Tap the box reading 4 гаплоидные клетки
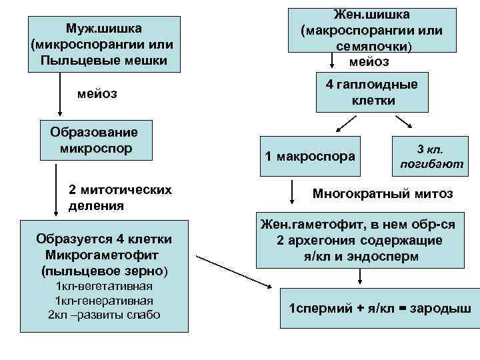(x=371, y=93)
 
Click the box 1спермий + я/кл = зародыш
(x=379, y=309)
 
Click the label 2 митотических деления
(x=120, y=197)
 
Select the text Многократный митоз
(x=383, y=193)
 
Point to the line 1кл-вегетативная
(x=105, y=287)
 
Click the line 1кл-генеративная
(x=105, y=301)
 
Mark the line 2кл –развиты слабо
(x=105, y=314)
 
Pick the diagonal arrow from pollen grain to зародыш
(x=233, y=267)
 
